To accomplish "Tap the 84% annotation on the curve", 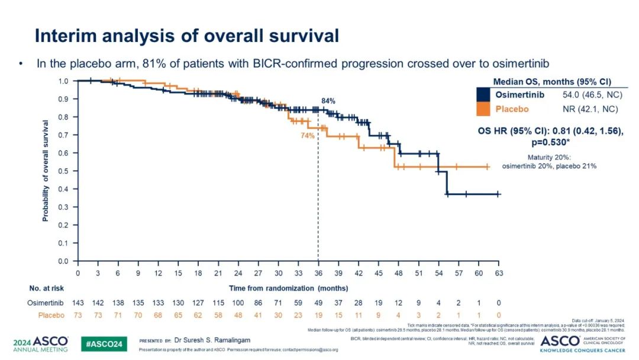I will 328,101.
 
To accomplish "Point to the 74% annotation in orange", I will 308,135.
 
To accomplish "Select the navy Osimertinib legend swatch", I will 484,94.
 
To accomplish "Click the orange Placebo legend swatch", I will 484,109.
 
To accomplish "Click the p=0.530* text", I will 551,143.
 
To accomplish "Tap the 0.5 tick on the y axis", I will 63,171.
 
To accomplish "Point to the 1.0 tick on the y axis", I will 63,81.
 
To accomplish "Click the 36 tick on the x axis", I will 318,273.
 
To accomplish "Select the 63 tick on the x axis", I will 499,273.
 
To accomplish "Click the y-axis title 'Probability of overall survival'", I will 46,171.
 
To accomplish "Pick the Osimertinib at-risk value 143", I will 78,303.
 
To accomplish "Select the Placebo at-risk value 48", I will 238,315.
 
